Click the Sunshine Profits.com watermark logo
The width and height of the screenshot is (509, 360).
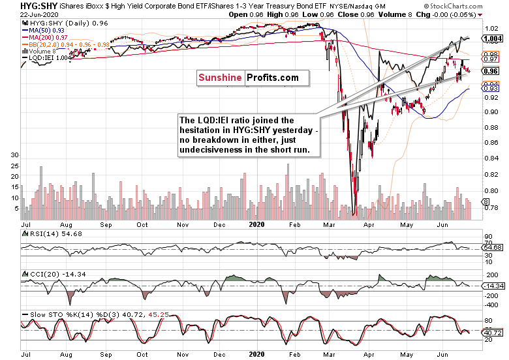tap(248, 78)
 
